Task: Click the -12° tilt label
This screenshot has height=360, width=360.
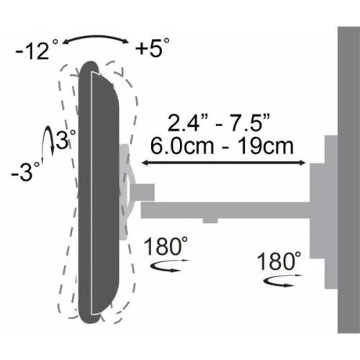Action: click(x=32, y=50)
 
